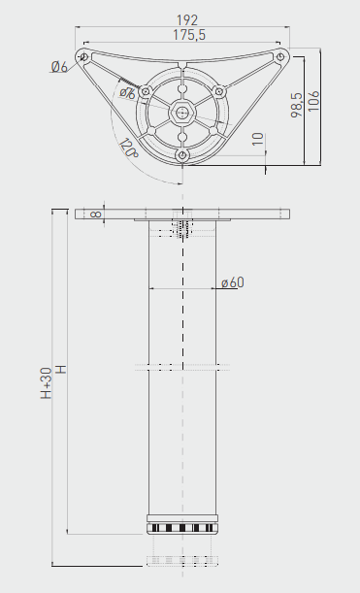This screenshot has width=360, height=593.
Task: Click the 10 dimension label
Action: point(256,138)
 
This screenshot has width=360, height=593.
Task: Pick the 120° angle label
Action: point(127,148)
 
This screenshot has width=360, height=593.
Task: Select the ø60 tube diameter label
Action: point(232,282)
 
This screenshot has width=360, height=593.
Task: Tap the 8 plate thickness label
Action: point(95,214)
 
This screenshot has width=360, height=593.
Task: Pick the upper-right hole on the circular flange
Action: point(219,91)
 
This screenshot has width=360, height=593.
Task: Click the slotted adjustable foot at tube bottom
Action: point(181,526)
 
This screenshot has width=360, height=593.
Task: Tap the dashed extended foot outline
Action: point(181,559)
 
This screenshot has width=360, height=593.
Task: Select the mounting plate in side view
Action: point(181,214)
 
